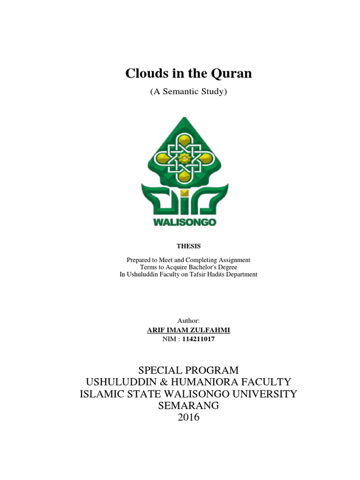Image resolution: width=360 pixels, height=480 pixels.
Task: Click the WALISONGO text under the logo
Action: coord(185,223)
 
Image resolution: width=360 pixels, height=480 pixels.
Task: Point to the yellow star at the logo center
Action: coord(184,159)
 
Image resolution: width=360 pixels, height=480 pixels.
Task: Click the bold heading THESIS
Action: coord(188,246)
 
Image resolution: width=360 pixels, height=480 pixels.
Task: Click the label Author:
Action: coord(188,321)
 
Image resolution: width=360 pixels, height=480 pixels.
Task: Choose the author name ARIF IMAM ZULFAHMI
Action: coord(188,330)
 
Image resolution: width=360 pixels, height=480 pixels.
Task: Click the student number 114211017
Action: coord(199,339)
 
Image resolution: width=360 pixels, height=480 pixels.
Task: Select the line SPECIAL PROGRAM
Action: coord(188,370)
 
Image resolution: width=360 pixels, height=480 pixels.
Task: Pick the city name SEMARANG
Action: coord(188,405)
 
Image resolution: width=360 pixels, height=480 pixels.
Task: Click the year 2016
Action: coord(188,417)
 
